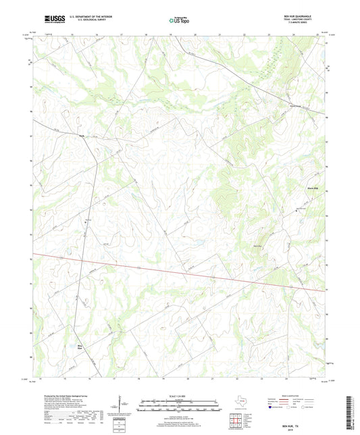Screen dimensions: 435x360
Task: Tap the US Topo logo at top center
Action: [x=180, y=21]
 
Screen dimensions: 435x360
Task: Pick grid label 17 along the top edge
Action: [x=120, y=34]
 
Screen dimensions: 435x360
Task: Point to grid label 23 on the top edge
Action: [x=269, y=34]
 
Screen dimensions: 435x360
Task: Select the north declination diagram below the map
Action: [x=122, y=405]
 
